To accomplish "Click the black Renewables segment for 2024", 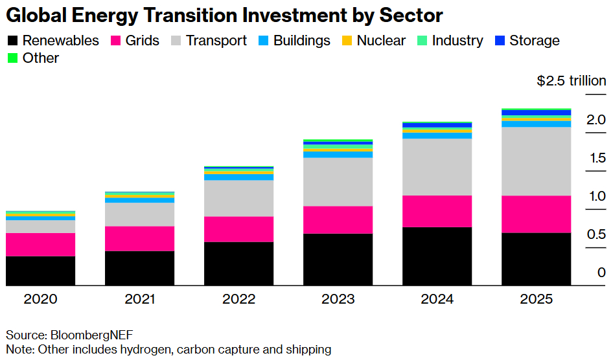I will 437,256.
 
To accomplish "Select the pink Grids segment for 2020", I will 40,245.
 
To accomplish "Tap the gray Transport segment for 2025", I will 536,161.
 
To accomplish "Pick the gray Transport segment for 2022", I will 238,198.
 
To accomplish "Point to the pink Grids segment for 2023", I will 338,220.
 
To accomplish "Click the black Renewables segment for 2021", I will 139,268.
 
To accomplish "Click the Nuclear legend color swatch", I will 347,41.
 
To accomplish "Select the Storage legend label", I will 534,41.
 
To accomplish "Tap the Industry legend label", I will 457,41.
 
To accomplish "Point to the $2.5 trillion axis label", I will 572,81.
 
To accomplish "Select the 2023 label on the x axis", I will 338,299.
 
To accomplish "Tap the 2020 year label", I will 40,299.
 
